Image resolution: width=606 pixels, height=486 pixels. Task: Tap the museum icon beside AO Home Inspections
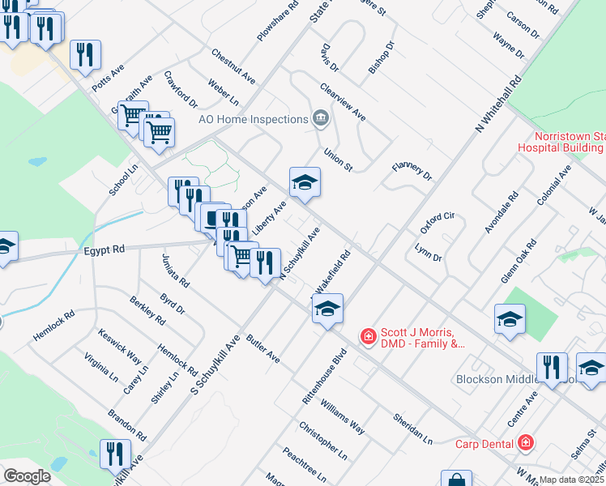coord(320,119)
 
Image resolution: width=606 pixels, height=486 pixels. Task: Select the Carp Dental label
coord(484,443)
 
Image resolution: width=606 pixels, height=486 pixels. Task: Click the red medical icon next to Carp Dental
coord(526,442)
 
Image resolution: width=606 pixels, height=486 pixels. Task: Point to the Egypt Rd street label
coord(104,251)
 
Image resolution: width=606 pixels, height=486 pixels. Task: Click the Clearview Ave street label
coord(343,101)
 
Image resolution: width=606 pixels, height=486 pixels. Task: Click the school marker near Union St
coord(305,182)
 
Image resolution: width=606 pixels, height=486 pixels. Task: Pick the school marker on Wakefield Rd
coord(328,309)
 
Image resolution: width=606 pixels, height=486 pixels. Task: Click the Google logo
coord(27,476)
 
